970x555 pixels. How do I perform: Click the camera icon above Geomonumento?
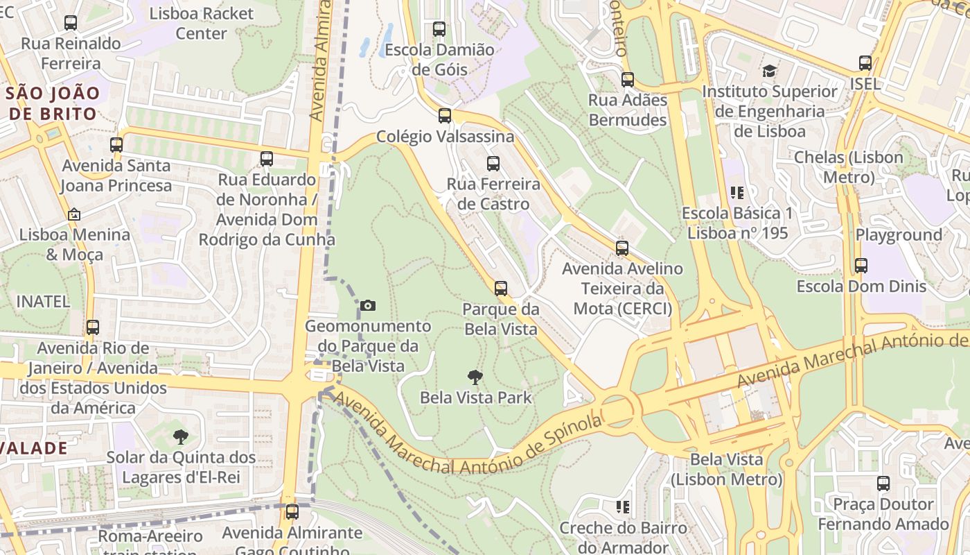(x=368, y=305)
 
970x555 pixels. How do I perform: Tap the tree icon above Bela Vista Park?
(x=475, y=377)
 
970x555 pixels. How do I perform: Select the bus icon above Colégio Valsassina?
(x=445, y=116)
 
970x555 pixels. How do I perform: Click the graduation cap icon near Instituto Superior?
(x=769, y=71)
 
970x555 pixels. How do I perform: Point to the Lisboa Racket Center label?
(x=201, y=24)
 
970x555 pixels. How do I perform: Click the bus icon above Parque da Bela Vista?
(x=500, y=289)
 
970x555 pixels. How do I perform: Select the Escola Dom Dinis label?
(x=861, y=287)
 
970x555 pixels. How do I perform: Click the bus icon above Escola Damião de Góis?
(x=439, y=29)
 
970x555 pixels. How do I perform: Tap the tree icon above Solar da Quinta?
(x=181, y=437)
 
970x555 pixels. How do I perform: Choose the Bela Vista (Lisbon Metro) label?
(x=726, y=469)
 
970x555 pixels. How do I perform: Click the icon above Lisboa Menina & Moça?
(x=74, y=214)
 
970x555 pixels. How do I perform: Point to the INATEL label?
(x=43, y=302)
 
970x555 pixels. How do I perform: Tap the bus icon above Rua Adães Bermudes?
(x=628, y=80)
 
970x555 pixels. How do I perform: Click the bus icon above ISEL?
(x=865, y=63)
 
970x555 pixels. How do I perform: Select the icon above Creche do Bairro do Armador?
(x=623, y=507)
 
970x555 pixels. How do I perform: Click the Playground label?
(x=899, y=235)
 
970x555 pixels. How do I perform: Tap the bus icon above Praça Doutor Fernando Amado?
(x=883, y=484)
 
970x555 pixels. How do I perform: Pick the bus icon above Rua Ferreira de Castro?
(x=493, y=164)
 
